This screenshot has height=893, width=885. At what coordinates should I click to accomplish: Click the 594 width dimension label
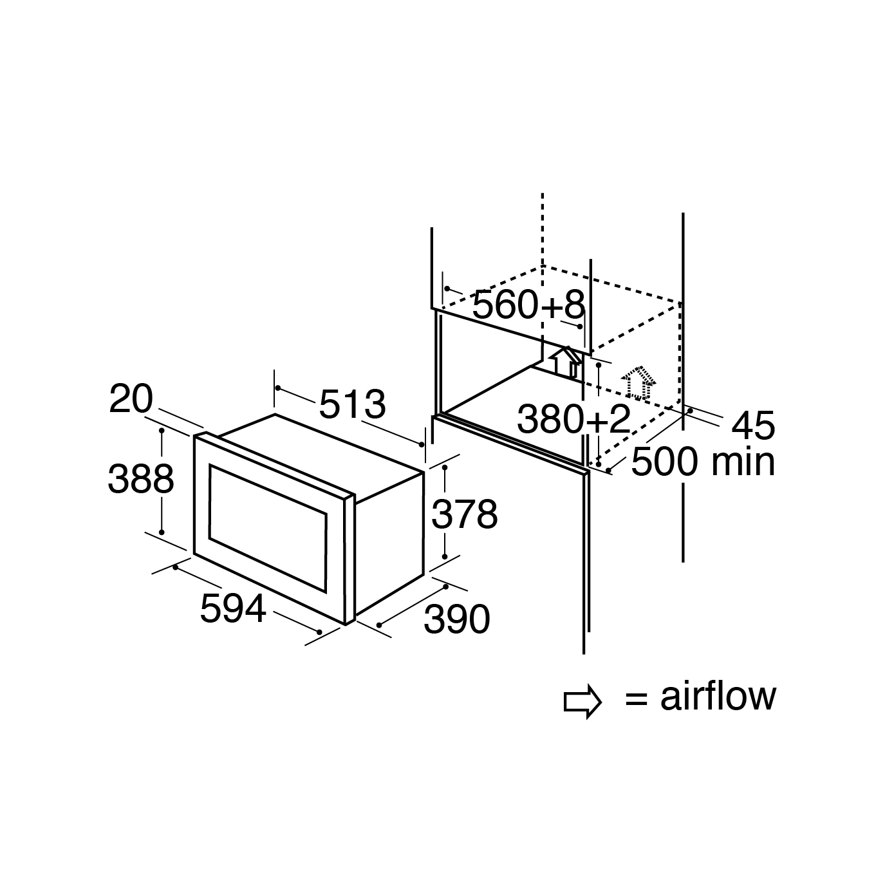click(x=232, y=608)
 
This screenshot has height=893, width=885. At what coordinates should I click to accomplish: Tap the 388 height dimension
click(x=141, y=479)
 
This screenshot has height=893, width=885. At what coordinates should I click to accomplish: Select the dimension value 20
click(x=131, y=399)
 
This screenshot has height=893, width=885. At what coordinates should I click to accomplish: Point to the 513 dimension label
click(x=352, y=405)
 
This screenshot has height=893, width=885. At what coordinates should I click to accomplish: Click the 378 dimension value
click(x=464, y=514)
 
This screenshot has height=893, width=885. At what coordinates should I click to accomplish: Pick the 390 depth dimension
click(x=457, y=619)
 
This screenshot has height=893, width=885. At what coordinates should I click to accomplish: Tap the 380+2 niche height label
click(x=573, y=420)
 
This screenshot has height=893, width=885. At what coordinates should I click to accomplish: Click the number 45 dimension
click(x=753, y=426)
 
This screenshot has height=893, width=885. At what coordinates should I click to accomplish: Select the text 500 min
click(x=703, y=462)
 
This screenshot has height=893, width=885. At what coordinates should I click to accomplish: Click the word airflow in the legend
click(x=718, y=697)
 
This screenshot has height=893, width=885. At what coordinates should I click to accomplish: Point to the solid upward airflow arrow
click(x=564, y=361)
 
